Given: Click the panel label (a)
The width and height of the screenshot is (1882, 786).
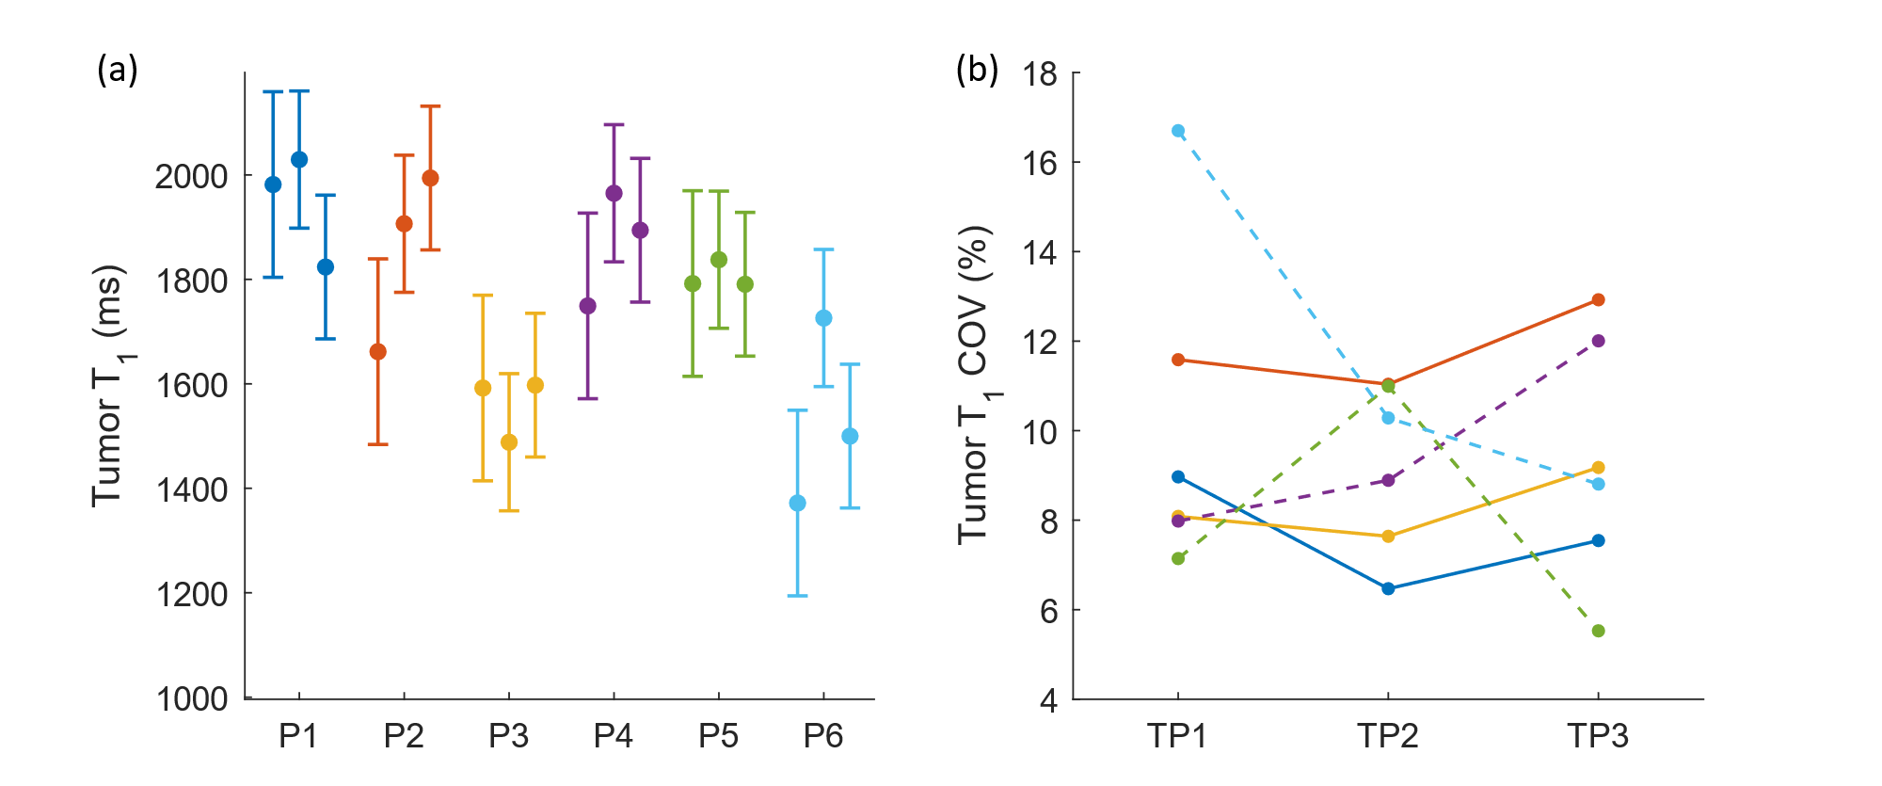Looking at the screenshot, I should click(118, 71).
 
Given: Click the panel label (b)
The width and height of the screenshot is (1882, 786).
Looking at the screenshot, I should click(977, 71).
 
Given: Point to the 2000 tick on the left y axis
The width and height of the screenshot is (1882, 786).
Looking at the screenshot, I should click(191, 176).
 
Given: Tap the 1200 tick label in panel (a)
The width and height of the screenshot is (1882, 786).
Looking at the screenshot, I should click(191, 594).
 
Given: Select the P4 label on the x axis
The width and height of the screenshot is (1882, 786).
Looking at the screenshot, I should click(614, 735).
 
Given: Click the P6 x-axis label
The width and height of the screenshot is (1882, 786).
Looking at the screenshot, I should click(823, 735).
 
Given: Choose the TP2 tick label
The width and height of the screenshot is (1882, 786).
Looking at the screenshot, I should click(1387, 735).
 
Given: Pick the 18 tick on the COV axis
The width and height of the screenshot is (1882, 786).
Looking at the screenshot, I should click(1040, 73).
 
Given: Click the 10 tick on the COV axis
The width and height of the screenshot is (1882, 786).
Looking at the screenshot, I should click(1040, 431).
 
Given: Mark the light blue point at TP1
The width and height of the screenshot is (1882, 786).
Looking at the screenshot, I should click(1178, 131).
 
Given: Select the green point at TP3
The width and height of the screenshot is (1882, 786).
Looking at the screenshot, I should click(1598, 631).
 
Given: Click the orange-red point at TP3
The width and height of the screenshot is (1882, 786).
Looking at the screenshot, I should click(1598, 300).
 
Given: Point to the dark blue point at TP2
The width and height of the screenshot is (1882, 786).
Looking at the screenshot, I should click(1388, 588).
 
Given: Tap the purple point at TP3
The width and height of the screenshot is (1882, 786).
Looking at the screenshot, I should click(1598, 341).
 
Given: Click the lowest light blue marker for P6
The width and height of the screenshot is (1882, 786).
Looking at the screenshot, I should click(797, 504).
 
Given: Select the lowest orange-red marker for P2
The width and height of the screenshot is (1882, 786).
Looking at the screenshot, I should click(377, 352).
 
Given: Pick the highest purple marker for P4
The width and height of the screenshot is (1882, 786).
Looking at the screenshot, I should click(614, 193).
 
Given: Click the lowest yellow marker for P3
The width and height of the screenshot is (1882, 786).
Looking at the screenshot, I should click(509, 442).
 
